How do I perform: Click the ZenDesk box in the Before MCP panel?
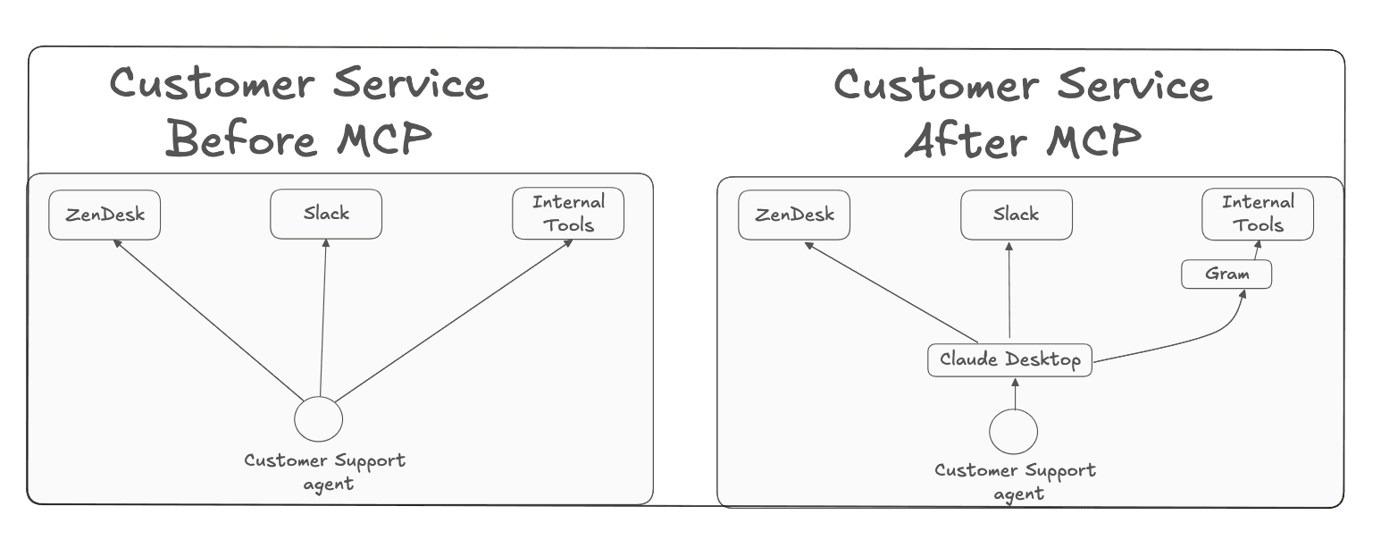pyautogui.click(x=105, y=215)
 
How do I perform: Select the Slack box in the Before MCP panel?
pyautogui.click(x=326, y=215)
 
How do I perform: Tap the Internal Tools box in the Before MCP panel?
pyautogui.click(x=568, y=214)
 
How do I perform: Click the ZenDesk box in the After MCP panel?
pyautogui.click(x=794, y=215)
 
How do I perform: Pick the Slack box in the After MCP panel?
pyautogui.click(x=1016, y=215)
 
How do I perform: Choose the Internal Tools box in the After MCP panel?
pyautogui.click(x=1258, y=214)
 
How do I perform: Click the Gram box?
pyautogui.click(x=1226, y=274)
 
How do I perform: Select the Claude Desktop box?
pyautogui.click(x=1009, y=360)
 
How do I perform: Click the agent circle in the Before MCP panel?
pyautogui.click(x=318, y=418)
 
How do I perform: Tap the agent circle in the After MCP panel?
pyautogui.click(x=1014, y=432)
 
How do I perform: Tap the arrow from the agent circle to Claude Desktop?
pyautogui.click(x=1015, y=393)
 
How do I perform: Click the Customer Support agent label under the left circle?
pyautogui.click(x=324, y=471)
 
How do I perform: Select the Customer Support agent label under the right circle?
pyautogui.click(x=1016, y=480)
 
